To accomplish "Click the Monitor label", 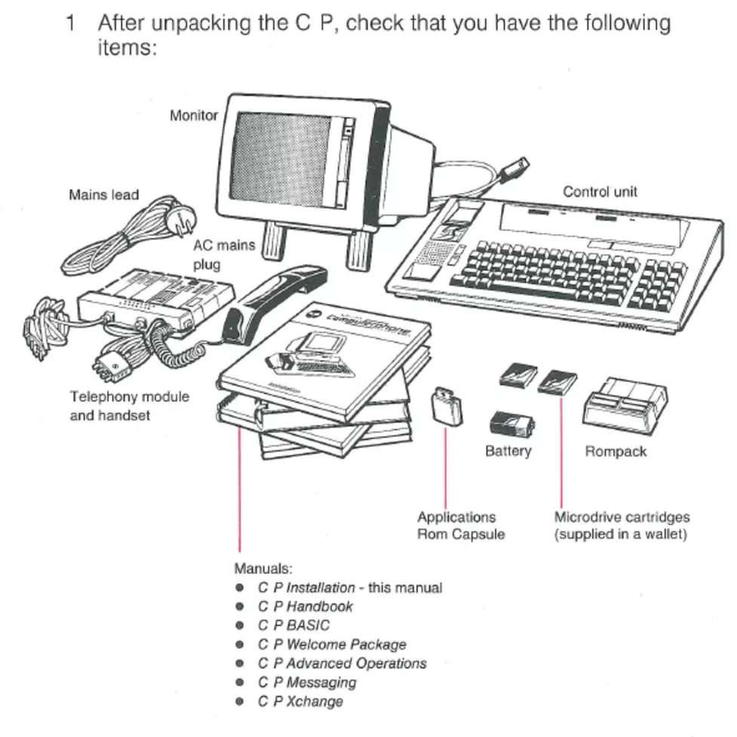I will click(x=193, y=116).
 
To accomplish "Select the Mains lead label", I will click(x=104, y=195).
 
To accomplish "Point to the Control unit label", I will click(x=600, y=192).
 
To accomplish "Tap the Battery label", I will click(x=508, y=451).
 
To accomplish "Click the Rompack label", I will click(x=616, y=452).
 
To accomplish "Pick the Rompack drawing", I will click(x=625, y=406).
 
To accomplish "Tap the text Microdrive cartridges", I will click(x=622, y=517).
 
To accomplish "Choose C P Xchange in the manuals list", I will click(x=299, y=702).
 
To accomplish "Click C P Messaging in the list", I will click(x=306, y=682).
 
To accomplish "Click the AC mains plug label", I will click(x=224, y=255).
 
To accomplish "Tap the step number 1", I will click(x=70, y=23).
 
